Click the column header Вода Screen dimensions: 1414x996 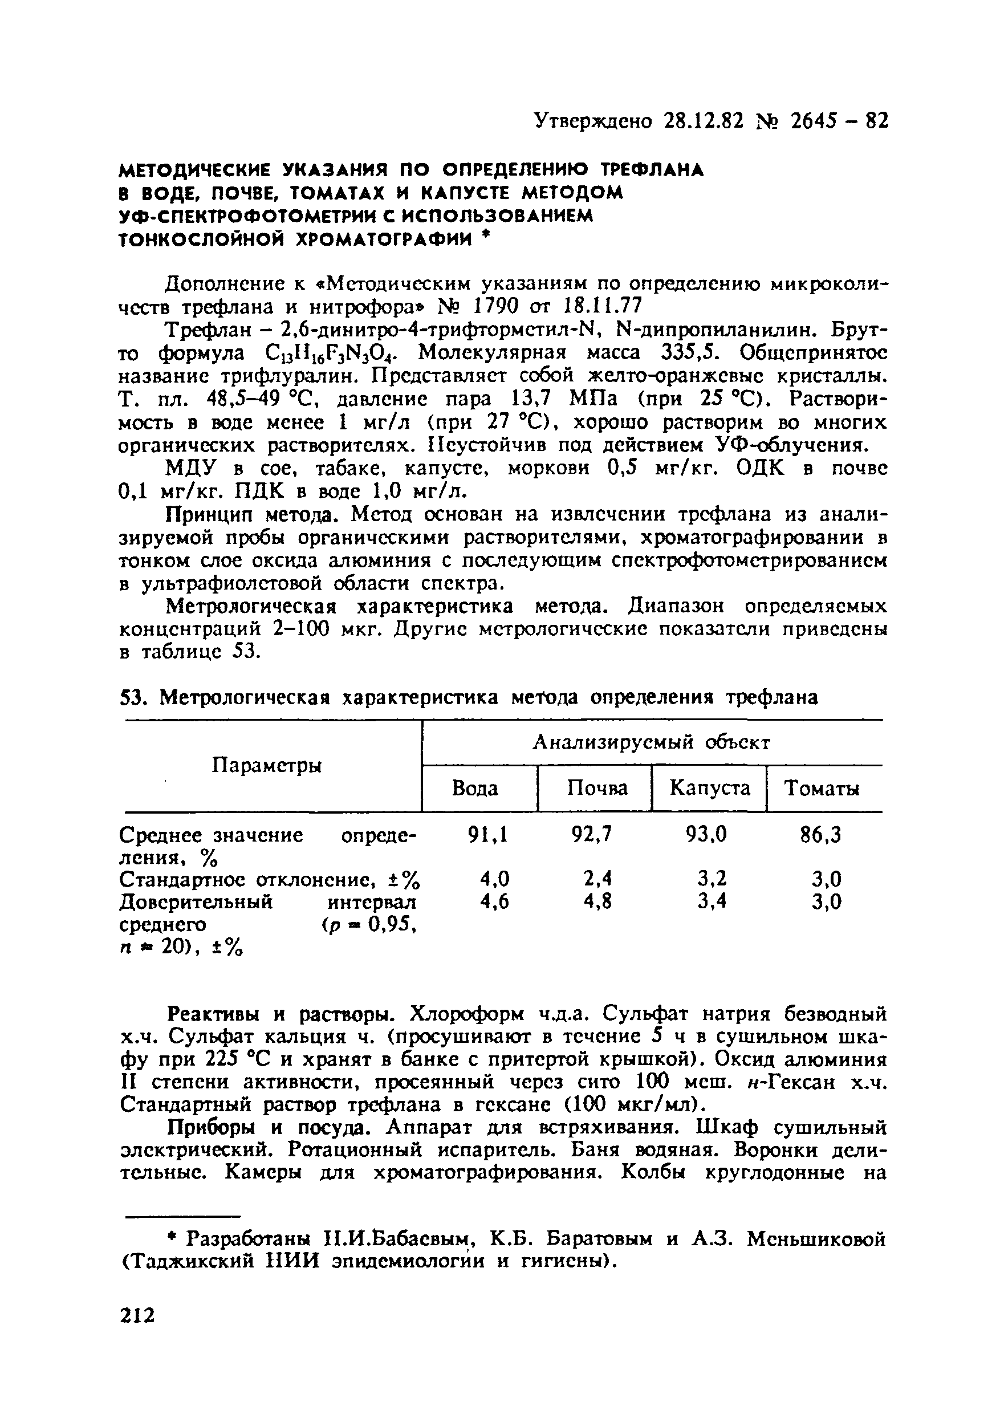point(475,789)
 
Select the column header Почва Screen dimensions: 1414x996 point(597,789)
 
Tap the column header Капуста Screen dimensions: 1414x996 point(710,789)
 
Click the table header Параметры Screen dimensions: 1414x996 point(267,766)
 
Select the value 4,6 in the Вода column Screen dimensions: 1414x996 point(495,901)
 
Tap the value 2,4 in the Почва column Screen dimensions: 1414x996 point(597,878)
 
